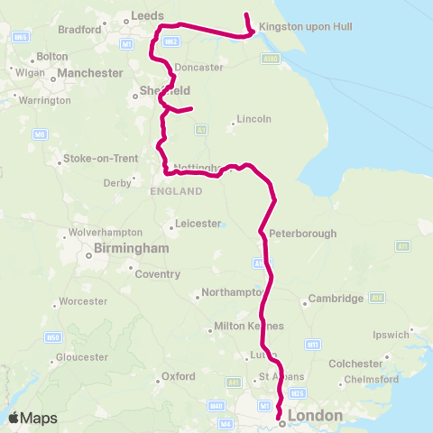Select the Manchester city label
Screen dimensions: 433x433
(x=89, y=72)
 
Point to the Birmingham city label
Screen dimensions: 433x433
(x=132, y=248)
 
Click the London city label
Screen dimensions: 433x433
(x=314, y=416)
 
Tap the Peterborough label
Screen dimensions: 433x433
(x=302, y=234)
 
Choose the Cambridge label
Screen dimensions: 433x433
(x=336, y=299)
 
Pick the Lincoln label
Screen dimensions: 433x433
(x=253, y=120)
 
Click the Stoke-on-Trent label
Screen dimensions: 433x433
(x=100, y=159)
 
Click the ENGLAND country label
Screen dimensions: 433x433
(x=177, y=192)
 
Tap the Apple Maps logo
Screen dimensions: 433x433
(x=32, y=417)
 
